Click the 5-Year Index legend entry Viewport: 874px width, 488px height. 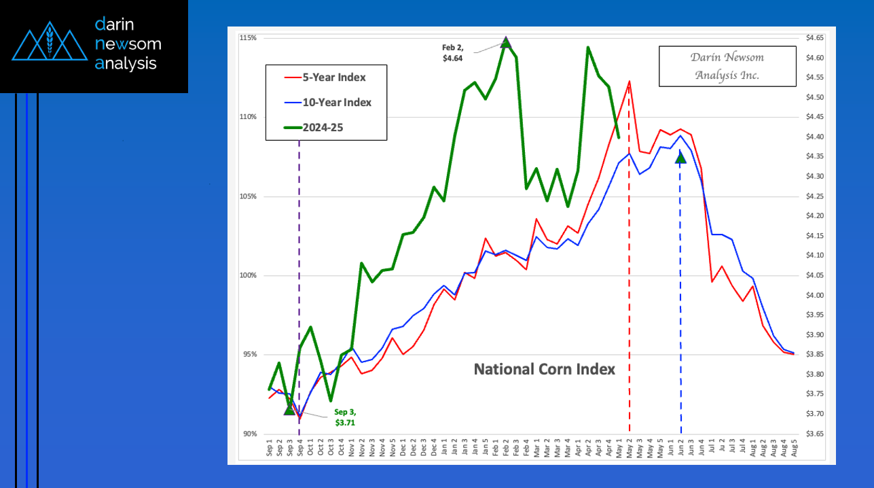(x=325, y=77)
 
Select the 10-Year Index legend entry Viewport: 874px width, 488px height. (x=325, y=102)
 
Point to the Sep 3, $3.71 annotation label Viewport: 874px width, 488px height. (x=344, y=417)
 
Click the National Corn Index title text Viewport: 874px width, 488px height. (x=544, y=369)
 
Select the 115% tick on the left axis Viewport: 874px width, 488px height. (x=248, y=37)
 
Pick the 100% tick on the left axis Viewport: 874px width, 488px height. (x=248, y=275)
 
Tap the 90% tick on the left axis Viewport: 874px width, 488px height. (x=249, y=434)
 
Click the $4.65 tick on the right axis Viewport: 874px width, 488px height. (x=814, y=37)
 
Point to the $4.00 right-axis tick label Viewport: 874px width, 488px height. (x=814, y=295)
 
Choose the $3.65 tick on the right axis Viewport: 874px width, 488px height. (x=814, y=434)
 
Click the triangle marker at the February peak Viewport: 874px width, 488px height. (x=505, y=42)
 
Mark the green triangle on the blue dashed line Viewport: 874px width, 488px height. (x=680, y=158)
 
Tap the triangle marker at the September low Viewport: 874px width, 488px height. (x=289, y=409)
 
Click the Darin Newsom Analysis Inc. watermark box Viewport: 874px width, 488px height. (x=727, y=66)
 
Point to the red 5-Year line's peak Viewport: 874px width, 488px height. (x=629, y=82)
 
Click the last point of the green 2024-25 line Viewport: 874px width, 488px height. (x=618, y=137)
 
